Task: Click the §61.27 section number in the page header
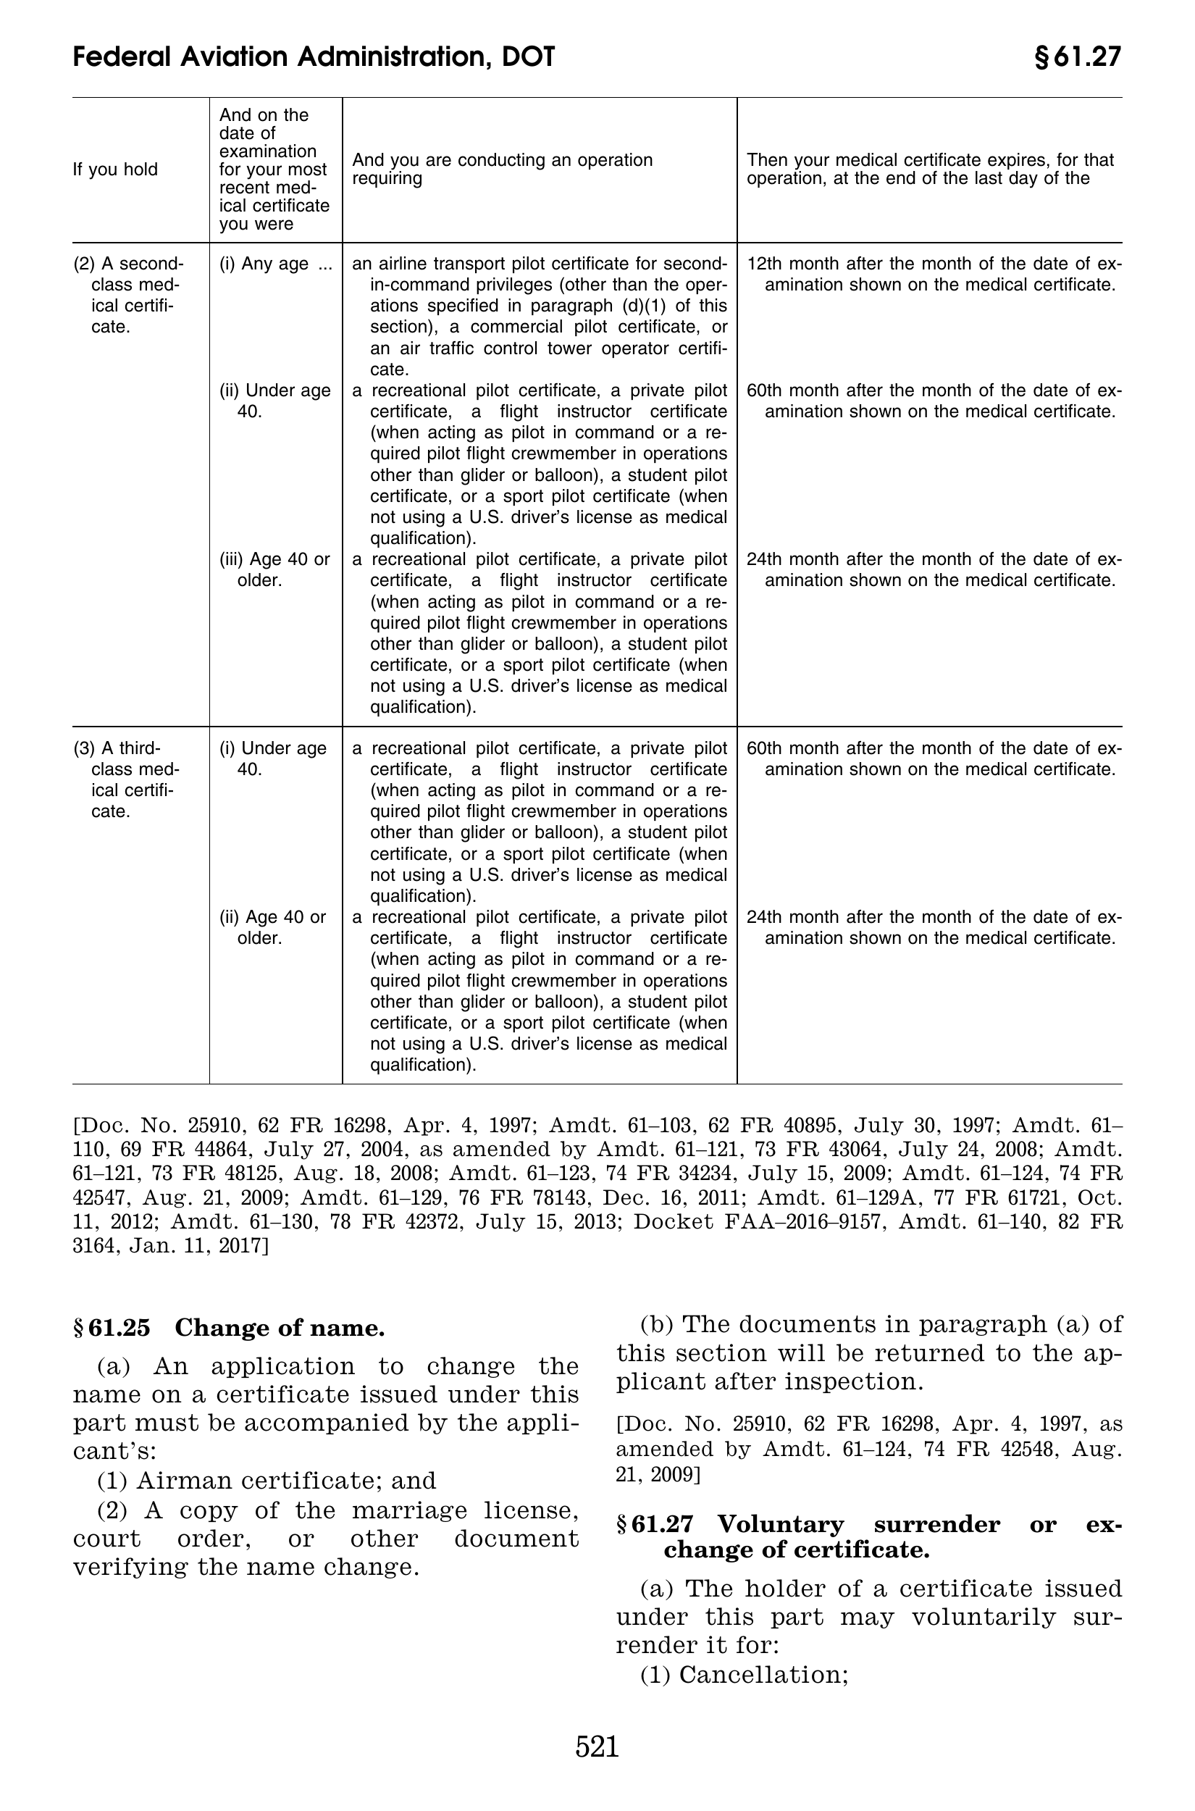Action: point(1077,57)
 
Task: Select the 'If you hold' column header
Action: point(115,170)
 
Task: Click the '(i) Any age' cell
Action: point(275,264)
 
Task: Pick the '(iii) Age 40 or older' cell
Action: point(274,569)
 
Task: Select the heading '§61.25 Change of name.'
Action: point(229,1328)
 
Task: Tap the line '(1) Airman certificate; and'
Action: point(267,1480)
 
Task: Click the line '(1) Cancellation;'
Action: point(744,1675)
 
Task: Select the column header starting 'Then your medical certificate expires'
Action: point(930,170)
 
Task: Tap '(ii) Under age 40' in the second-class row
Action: point(274,401)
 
